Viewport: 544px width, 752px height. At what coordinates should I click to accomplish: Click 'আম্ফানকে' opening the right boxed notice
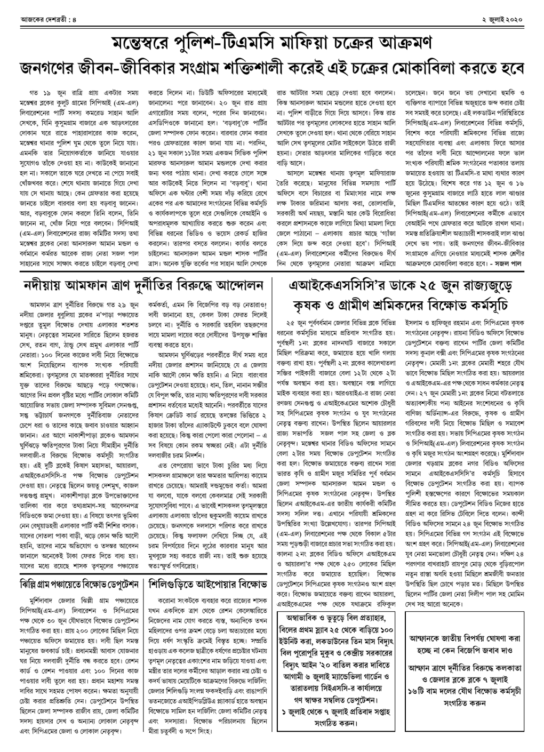pos(431,638)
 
